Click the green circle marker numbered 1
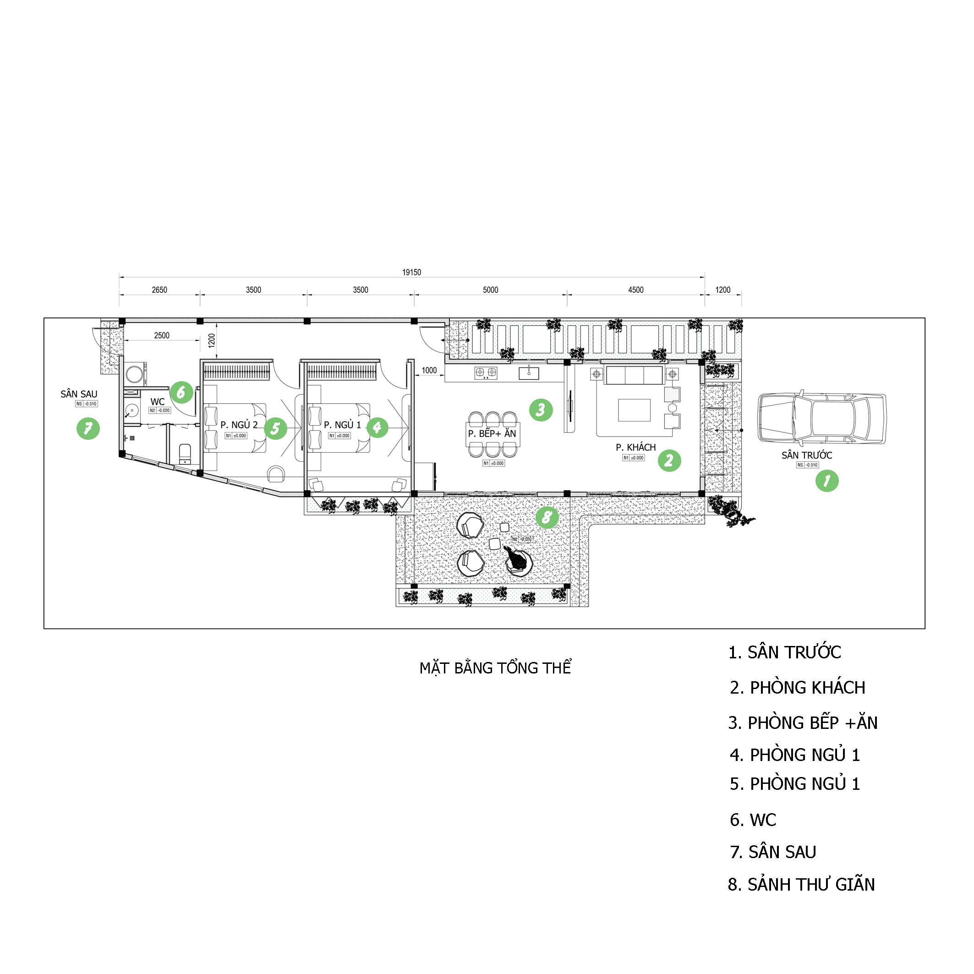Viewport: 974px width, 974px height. click(x=827, y=481)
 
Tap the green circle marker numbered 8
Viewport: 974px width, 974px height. click(x=547, y=517)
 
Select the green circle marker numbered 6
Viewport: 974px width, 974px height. click(x=181, y=392)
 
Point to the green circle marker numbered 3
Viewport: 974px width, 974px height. click(x=541, y=410)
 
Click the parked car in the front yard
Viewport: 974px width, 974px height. click(x=822, y=418)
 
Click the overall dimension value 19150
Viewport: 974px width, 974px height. click(x=411, y=272)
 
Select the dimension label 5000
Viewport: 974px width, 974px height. click(x=490, y=290)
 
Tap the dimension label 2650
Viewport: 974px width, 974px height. click(x=159, y=290)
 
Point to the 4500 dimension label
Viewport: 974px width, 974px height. click(x=636, y=290)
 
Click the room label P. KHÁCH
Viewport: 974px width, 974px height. click(x=635, y=447)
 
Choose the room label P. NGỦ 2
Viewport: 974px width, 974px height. click(x=239, y=425)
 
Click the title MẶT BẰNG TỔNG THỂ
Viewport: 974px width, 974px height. click(x=495, y=668)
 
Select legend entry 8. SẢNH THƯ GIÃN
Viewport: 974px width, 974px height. click(x=801, y=885)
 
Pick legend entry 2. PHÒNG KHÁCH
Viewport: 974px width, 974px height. click(x=797, y=688)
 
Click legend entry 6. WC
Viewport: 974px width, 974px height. click(x=753, y=820)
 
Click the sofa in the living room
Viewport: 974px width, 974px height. click(x=634, y=376)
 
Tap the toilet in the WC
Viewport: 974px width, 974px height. click(x=185, y=453)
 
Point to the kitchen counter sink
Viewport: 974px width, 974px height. click(x=529, y=373)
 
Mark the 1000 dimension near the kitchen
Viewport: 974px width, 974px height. click(x=429, y=370)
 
